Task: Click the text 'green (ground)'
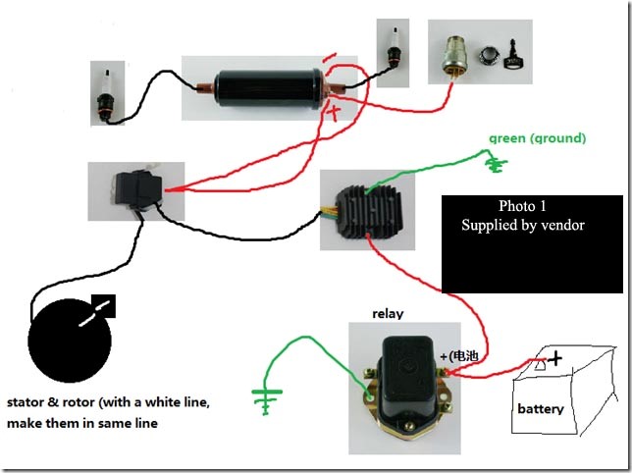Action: (x=538, y=138)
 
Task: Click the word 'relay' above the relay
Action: (x=389, y=313)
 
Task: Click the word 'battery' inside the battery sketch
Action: (x=540, y=407)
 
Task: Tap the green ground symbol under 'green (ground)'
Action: (x=497, y=164)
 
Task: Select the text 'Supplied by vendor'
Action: (x=523, y=225)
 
